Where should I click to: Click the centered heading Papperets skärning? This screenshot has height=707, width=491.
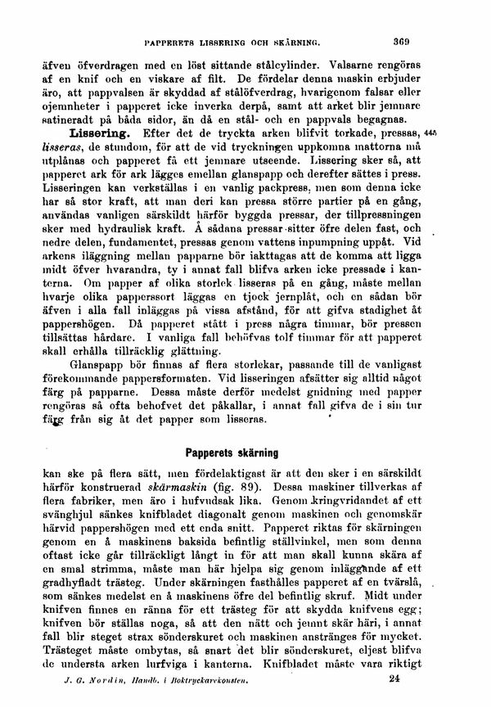(232, 451)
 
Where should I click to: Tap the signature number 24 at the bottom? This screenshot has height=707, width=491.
(397, 678)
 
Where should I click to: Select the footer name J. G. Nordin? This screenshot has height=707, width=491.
(85, 678)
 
